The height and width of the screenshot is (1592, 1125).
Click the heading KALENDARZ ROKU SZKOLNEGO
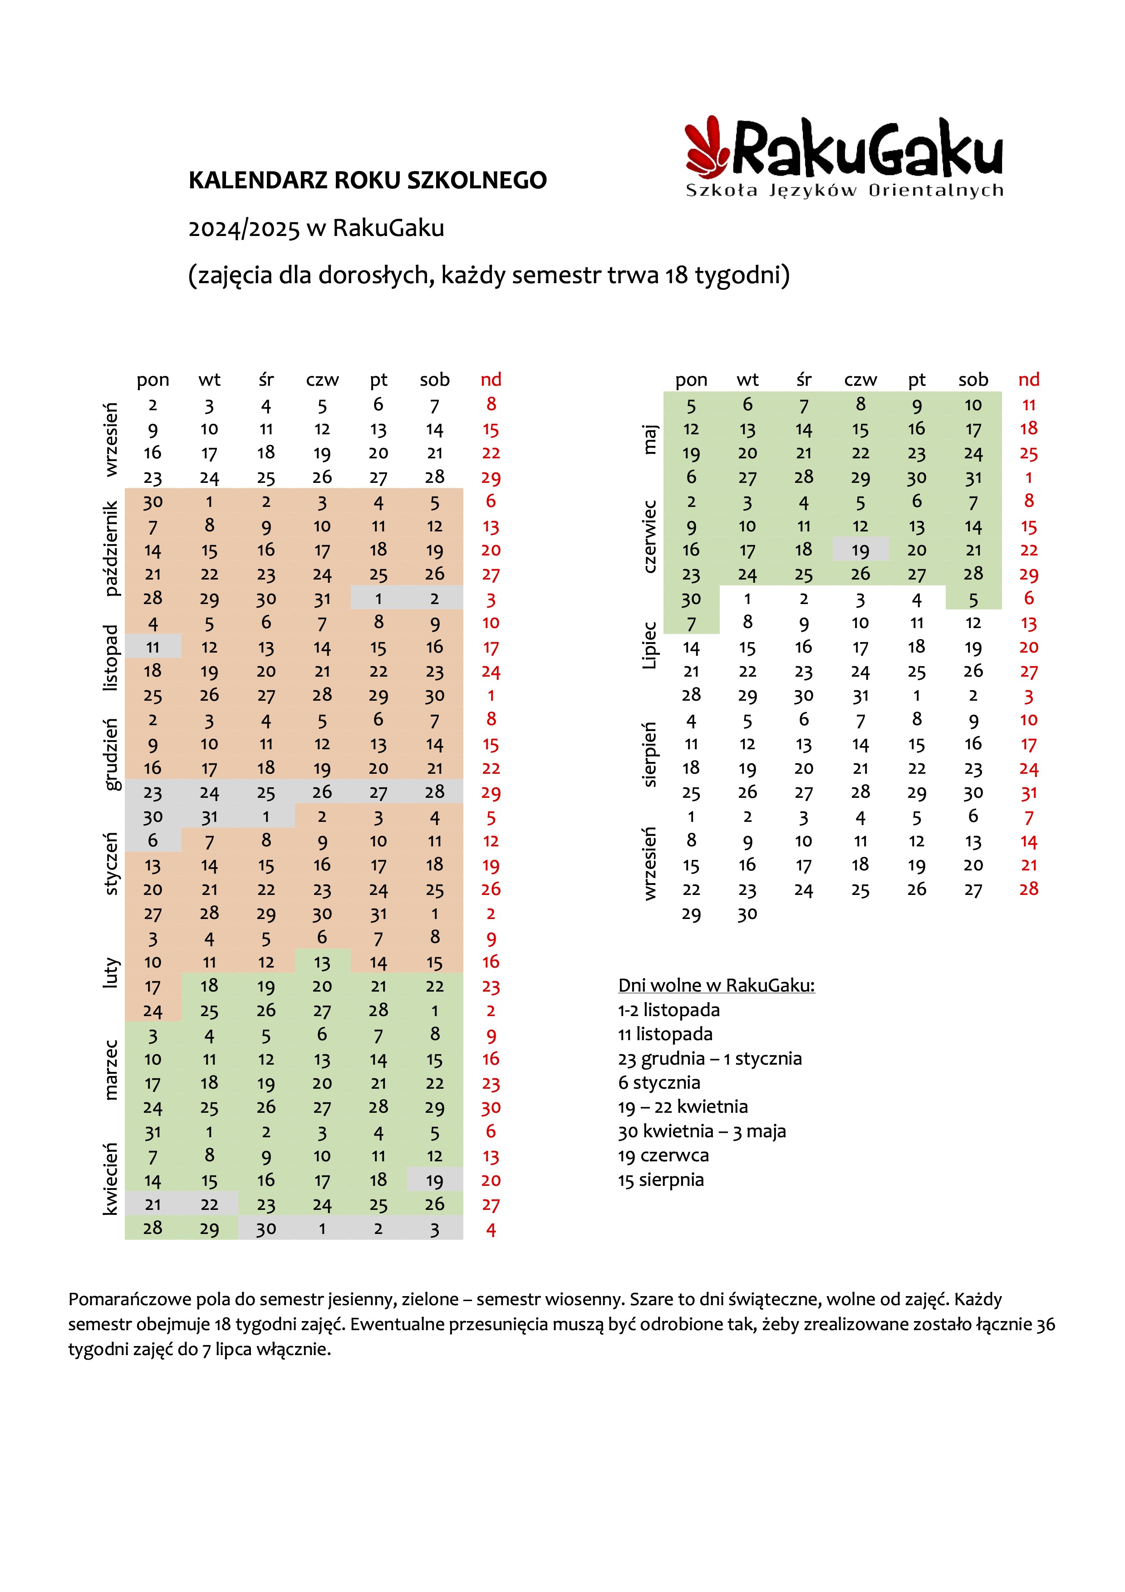[368, 180]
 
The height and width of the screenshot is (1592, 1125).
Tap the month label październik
[111, 548]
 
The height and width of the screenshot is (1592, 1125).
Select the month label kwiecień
[111, 1179]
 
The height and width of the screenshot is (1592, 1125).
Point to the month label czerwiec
[649, 537]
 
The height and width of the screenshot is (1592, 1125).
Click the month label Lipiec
[649, 645]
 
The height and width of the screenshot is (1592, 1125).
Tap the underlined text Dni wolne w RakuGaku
[716, 985]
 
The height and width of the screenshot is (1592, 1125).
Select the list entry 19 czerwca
[663, 1155]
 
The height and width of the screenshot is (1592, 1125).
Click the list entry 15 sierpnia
[661, 1179]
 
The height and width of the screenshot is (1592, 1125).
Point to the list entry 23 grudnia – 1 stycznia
[710, 1058]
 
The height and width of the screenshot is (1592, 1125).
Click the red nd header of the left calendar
[491, 379]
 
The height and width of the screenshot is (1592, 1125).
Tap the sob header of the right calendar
[973, 379]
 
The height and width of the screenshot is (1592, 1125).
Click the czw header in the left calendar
[322, 380]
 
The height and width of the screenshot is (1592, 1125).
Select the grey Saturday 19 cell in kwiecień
[435, 1179]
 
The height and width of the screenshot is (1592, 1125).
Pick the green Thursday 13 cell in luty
[322, 962]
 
